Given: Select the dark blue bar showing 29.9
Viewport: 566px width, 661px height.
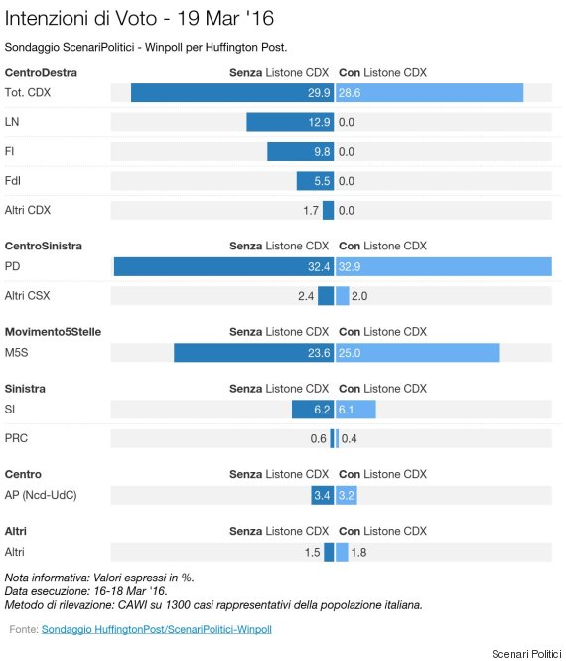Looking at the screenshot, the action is point(232,92).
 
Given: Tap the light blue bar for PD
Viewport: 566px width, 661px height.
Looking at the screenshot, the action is point(444,266).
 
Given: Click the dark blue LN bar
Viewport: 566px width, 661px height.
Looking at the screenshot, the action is point(290,122).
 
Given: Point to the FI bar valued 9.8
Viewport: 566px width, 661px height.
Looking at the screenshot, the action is point(300,151).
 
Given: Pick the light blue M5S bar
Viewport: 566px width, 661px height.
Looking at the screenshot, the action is point(418,353).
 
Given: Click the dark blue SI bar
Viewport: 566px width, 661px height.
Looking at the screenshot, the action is point(313,410).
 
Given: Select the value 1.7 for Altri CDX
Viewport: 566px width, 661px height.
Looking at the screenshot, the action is point(311,210).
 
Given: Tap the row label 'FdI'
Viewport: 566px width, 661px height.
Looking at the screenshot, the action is point(13,181).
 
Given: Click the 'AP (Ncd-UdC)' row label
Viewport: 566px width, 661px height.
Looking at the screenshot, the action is point(41,495).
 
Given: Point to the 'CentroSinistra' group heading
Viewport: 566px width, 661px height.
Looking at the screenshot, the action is point(44,246).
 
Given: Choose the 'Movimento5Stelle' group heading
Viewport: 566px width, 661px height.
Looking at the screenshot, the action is point(53,332).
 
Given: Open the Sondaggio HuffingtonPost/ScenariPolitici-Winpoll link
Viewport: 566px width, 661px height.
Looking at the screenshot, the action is point(157,629).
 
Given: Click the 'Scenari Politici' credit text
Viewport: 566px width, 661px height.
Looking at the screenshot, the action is point(526,654).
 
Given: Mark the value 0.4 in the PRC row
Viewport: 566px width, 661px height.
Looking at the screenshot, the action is point(350,438).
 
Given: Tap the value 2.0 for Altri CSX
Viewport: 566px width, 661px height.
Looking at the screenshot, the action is point(359,296).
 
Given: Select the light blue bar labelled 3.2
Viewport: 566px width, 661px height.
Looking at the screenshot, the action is point(347,495).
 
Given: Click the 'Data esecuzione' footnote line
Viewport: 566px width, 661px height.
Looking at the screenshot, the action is point(86,591).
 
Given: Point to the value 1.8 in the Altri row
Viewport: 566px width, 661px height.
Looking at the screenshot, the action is point(358,552).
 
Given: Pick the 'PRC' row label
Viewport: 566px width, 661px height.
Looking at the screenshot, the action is point(16,438).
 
